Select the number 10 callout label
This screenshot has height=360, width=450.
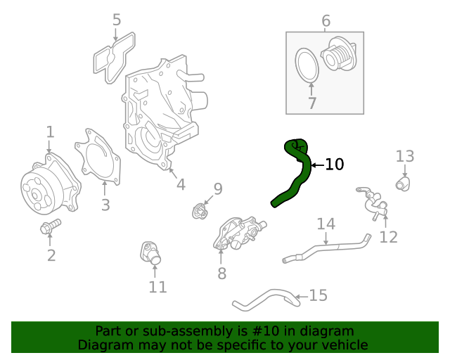(335, 165)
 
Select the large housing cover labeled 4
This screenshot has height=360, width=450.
(158, 112)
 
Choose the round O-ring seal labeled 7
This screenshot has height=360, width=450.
(307, 64)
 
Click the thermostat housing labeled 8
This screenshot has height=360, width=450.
(237, 233)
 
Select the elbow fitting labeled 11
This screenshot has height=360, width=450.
(151, 253)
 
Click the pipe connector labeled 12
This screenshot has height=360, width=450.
(373, 204)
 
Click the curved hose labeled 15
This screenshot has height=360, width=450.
(267, 299)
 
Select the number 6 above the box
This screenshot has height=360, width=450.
(326, 21)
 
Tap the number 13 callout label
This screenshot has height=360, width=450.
(405, 155)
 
